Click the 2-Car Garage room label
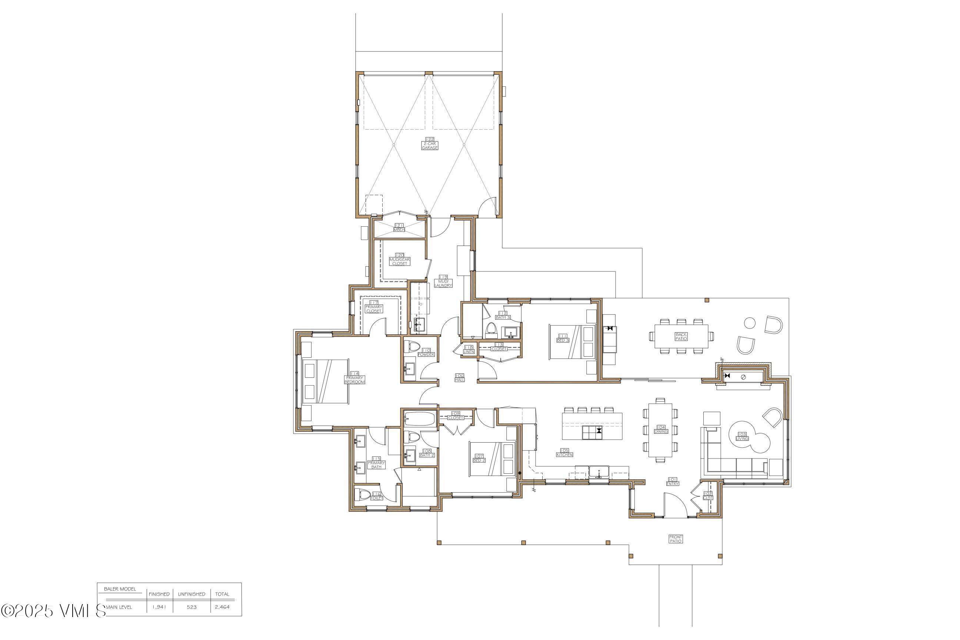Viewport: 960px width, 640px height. [430, 143]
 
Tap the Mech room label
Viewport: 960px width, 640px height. [399, 227]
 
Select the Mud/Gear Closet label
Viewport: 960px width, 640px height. [400, 259]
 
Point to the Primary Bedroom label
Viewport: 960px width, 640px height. [354, 377]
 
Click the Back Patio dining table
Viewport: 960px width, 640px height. [681, 336]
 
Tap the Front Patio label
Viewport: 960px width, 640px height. [675, 539]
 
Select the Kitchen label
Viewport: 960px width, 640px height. [565, 452]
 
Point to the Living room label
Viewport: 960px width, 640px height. [742, 436]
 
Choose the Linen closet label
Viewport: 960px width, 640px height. [469, 349]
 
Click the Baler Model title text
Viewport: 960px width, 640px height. [120, 589]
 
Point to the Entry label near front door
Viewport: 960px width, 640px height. [673, 481]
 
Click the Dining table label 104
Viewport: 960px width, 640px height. [661, 429]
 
